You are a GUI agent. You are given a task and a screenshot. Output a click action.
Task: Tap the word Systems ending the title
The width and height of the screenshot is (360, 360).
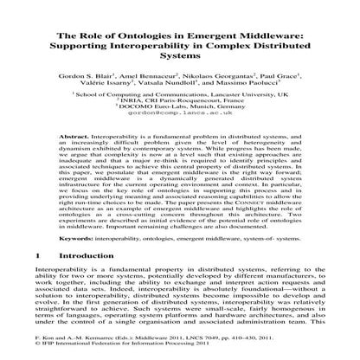179,57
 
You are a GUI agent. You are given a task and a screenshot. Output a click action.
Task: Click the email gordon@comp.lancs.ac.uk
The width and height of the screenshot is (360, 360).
179,122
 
